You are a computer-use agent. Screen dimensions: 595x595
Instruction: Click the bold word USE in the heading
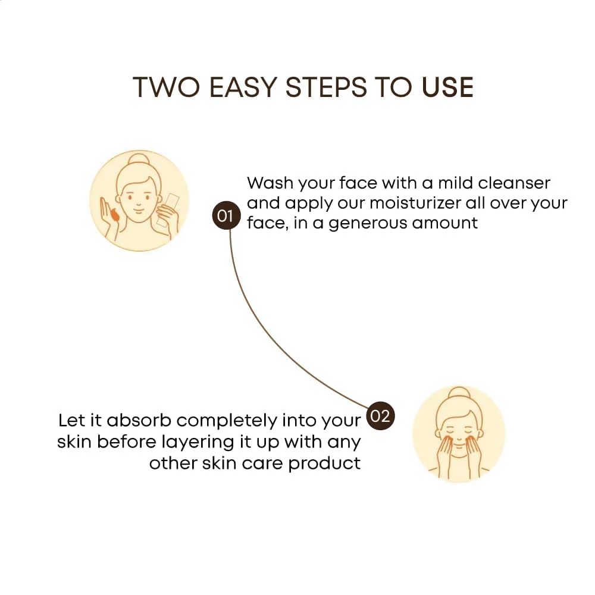[447, 87]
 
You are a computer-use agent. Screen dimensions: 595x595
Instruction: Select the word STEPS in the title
[326, 87]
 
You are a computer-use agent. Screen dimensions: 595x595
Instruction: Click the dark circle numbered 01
[226, 216]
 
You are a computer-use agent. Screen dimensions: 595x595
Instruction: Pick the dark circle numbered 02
[381, 416]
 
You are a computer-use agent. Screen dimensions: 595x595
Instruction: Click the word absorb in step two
[139, 421]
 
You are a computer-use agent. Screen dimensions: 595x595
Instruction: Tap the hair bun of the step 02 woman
[458, 395]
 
